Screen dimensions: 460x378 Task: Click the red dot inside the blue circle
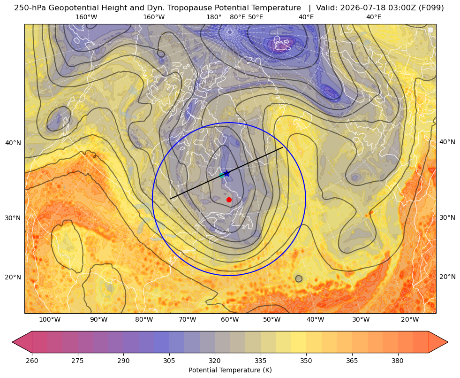[x=229, y=200]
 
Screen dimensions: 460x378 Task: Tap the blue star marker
[x=226, y=174]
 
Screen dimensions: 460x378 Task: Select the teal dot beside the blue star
[x=221, y=175]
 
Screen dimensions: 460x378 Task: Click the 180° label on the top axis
[x=214, y=17]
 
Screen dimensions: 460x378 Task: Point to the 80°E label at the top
[x=237, y=17]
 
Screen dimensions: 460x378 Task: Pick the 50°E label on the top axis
[x=256, y=17]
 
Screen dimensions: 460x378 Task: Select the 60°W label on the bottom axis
[x=230, y=320]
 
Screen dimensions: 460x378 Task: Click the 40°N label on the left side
[x=13, y=143]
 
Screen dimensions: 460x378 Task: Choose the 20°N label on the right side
[x=447, y=277]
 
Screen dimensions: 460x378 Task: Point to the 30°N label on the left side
[x=13, y=218]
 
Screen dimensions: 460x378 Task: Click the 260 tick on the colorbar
[x=32, y=361]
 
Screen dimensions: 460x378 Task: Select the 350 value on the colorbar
[x=306, y=361]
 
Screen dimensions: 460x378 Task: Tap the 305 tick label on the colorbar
[x=169, y=361]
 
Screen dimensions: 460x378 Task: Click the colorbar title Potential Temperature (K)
[x=230, y=370]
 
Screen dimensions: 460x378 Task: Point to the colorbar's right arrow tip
[x=448, y=342]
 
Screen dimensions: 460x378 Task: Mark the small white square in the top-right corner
[x=430, y=30]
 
